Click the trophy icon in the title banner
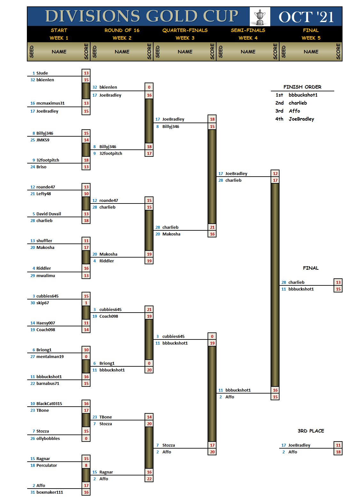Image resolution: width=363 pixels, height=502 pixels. pos(260,17)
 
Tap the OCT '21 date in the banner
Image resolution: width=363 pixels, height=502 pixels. pos(306,17)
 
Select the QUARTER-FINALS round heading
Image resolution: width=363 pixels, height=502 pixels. pos(185,30)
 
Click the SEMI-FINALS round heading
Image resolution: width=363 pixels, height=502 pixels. pos(248,30)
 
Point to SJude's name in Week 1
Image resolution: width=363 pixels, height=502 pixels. pos(42,73)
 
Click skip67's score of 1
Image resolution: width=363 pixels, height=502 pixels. pos(86,303)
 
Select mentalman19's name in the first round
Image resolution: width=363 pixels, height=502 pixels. pos(50,356)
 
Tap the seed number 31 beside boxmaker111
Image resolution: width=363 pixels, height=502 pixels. pos(33,492)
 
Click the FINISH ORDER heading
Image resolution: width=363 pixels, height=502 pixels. pos(302,87)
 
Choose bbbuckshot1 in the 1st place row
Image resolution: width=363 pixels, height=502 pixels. pos(303,95)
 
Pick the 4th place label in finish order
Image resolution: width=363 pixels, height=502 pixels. pos(279,119)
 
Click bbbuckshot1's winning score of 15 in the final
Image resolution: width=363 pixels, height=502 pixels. pos(338,289)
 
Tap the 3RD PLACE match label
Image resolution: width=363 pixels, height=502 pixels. pos(311,431)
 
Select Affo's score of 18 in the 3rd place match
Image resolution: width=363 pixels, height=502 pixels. pos(338,452)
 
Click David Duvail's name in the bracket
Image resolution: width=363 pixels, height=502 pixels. pos(49,214)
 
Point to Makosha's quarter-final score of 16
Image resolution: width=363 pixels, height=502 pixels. pos(212,234)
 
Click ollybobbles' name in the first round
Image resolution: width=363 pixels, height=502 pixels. pos(48,438)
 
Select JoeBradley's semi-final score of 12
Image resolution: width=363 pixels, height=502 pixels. pos(275,173)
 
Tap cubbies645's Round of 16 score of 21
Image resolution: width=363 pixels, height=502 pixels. pos(149,309)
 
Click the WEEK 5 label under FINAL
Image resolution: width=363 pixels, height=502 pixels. pos(311,38)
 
